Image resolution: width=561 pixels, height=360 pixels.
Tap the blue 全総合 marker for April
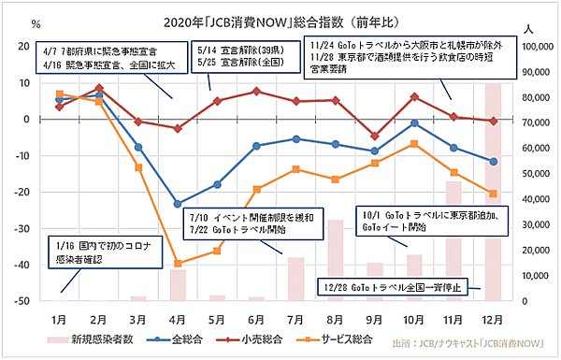pyautogui.click(x=178, y=204)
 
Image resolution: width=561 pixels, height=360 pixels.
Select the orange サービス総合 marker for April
pyautogui.click(x=178, y=264)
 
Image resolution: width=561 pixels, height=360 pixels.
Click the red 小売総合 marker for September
pyautogui.click(x=375, y=137)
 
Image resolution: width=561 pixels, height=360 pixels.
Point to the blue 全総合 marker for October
pyautogui.click(x=414, y=123)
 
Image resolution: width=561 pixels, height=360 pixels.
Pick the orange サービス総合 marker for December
pyautogui.click(x=494, y=194)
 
